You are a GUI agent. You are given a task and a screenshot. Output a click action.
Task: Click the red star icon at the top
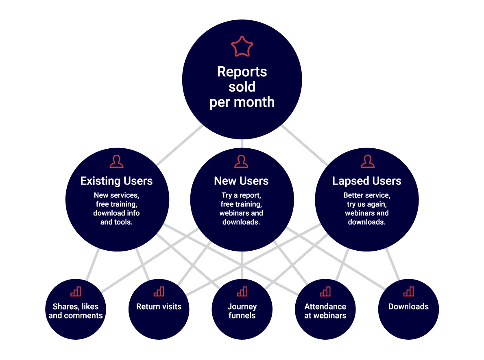[242, 47]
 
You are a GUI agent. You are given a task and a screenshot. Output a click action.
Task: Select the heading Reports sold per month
[242, 87]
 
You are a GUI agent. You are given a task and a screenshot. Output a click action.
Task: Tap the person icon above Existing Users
[116, 161]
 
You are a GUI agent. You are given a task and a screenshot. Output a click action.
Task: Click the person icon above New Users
[241, 161]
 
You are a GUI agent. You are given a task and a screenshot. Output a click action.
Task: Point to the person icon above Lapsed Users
[367, 161]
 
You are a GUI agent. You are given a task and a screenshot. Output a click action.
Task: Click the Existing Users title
[116, 181]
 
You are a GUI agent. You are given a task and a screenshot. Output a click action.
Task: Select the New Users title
[241, 181]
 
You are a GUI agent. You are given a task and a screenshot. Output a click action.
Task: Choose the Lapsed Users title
[367, 181]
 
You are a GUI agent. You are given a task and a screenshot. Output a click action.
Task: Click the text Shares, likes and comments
[76, 311]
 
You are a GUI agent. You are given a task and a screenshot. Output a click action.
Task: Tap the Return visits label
[159, 306]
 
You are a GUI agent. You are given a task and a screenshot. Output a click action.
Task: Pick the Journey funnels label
[242, 311]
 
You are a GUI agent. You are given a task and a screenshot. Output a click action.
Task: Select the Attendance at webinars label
[325, 311]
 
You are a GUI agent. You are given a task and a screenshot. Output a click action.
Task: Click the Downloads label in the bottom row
[408, 306]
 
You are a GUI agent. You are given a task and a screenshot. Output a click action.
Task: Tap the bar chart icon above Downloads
[408, 291]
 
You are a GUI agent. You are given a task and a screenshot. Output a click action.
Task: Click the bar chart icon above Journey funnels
[242, 291]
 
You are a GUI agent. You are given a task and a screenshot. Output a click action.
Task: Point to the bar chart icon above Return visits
[159, 291]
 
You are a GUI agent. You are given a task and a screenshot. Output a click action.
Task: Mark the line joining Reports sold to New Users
[242, 143]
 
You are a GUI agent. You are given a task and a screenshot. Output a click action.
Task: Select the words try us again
[367, 204]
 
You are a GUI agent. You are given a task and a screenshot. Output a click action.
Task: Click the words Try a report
[241, 195]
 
